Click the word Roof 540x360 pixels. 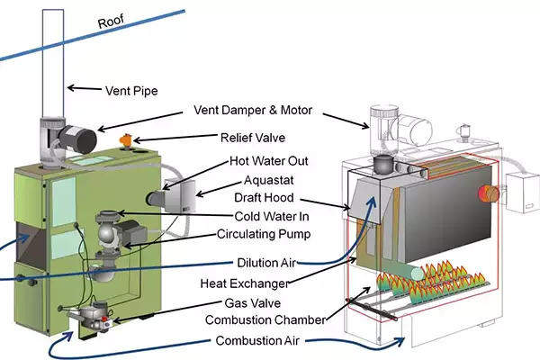coord(109,19)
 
